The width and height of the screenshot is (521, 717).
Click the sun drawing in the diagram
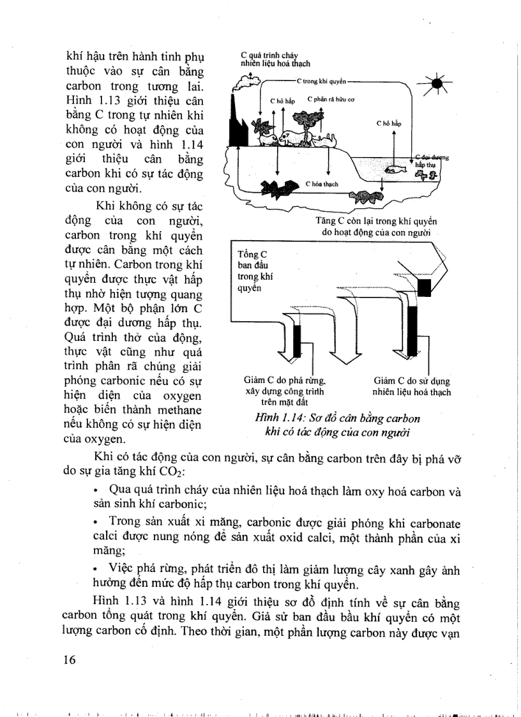click(x=437, y=83)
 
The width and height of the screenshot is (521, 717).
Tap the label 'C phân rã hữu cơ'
click(x=331, y=100)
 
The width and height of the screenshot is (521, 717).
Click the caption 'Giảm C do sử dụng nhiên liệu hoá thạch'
click(x=412, y=387)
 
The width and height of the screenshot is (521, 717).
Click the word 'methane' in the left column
click(x=178, y=409)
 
